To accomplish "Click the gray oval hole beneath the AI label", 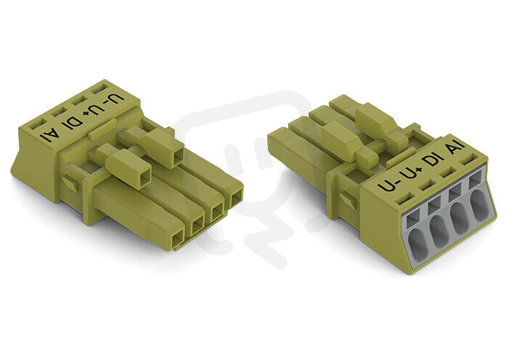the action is click(x=479, y=202).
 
